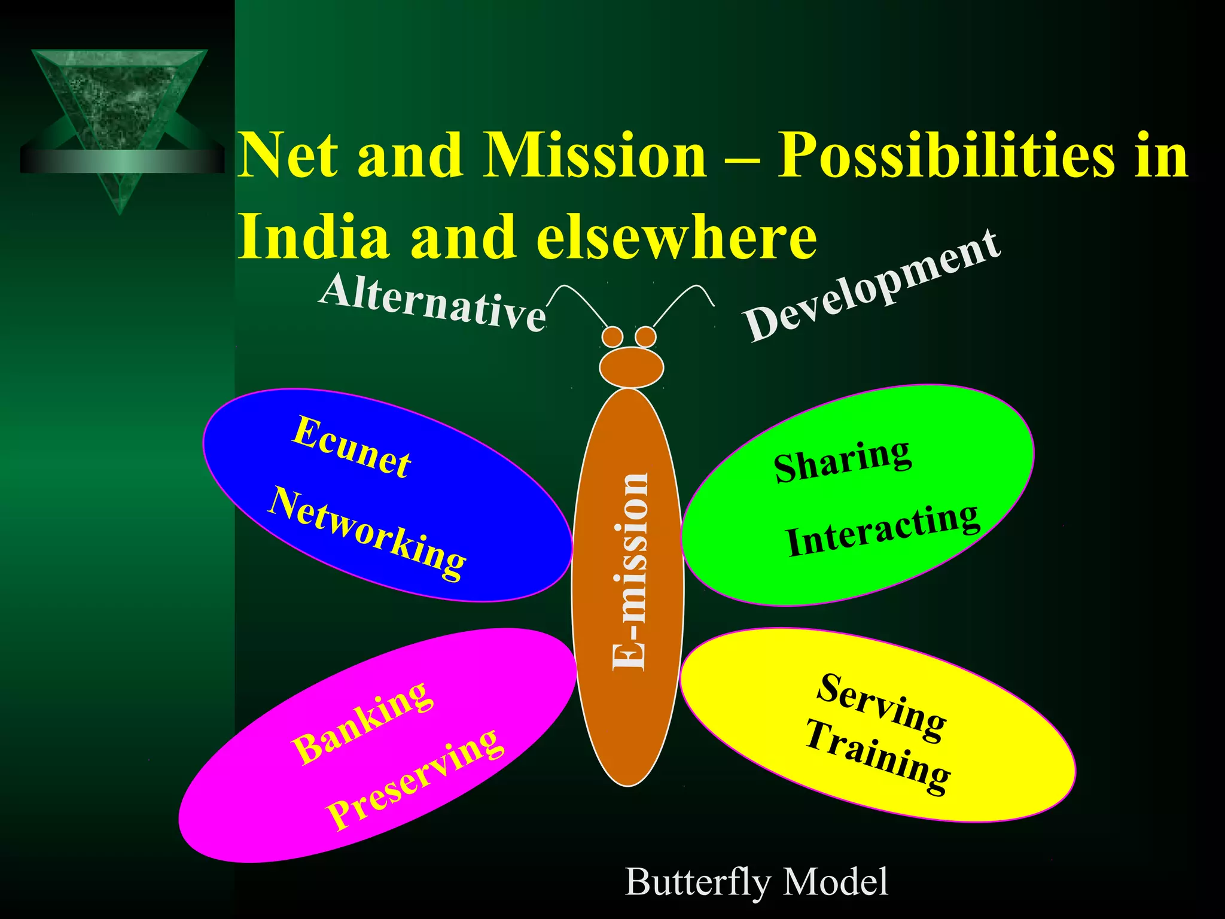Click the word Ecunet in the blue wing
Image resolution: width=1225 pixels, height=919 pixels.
(x=352, y=447)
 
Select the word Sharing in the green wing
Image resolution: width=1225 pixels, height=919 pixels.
(x=842, y=459)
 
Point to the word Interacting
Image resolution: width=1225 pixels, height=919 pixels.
(x=883, y=529)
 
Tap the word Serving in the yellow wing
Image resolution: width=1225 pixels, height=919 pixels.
(x=882, y=706)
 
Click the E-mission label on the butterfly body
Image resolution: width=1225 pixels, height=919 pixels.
(x=630, y=571)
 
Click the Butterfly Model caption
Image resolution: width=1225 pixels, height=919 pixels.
(x=757, y=882)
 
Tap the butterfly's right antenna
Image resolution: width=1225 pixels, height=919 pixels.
(x=682, y=302)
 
